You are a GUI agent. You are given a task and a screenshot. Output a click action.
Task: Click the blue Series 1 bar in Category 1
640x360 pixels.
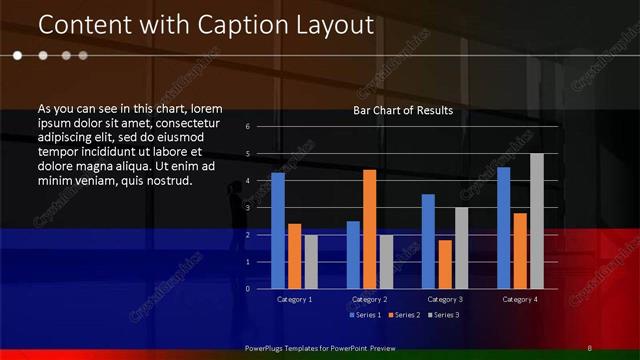click(x=278, y=230)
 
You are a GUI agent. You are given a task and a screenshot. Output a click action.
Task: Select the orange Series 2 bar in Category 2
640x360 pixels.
click(x=369, y=229)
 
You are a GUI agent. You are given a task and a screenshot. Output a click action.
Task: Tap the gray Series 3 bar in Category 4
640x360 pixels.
click(x=537, y=221)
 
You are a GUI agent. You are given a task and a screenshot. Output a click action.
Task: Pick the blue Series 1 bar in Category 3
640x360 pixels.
click(x=428, y=241)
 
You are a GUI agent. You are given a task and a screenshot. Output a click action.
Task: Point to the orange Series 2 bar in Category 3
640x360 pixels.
click(x=445, y=264)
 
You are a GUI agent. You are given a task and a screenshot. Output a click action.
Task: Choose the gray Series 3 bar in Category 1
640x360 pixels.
click(x=311, y=261)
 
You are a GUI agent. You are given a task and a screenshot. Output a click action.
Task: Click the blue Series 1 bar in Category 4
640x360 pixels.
click(x=503, y=227)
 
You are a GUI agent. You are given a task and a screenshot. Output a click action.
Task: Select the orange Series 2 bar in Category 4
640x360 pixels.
click(x=520, y=250)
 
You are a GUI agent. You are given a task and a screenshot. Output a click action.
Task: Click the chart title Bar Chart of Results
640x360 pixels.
click(x=403, y=110)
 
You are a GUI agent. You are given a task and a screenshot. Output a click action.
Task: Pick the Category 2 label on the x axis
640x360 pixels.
click(x=369, y=299)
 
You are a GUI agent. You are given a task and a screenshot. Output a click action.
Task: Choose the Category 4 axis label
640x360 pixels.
click(x=519, y=299)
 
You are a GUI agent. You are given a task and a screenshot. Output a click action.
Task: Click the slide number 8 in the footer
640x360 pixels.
click(x=589, y=347)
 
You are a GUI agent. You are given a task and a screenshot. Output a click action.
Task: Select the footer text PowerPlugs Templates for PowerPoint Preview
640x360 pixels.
click(x=320, y=347)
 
